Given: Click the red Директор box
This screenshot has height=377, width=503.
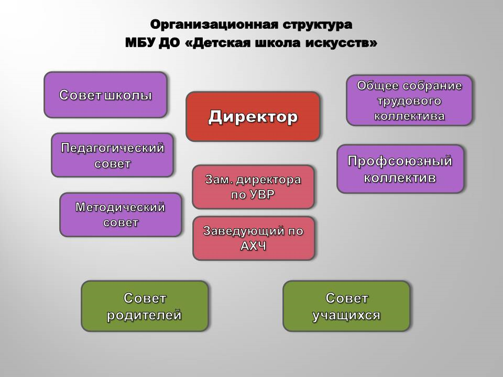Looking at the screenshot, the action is [x=253, y=117].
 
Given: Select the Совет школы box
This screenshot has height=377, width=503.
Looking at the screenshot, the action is [x=105, y=95].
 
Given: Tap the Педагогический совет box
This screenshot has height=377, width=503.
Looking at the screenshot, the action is [x=112, y=155].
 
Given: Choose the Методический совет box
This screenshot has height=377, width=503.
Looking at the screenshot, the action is [x=121, y=215].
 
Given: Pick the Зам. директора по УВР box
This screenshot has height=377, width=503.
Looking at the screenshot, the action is [x=253, y=187].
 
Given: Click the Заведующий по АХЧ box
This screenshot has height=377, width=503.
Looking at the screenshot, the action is [x=254, y=238].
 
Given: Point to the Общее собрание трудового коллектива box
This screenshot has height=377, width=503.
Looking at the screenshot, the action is [x=409, y=101].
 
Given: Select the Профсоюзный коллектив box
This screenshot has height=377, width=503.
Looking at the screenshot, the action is [x=400, y=169].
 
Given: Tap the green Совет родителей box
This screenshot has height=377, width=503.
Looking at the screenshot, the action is [x=145, y=306].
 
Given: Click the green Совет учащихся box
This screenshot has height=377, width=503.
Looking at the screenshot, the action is [x=346, y=306].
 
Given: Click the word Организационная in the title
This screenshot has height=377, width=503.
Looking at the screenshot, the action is [x=214, y=25].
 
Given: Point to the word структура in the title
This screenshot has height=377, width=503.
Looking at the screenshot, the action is [x=318, y=25].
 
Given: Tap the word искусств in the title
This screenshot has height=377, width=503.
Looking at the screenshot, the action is [x=341, y=43].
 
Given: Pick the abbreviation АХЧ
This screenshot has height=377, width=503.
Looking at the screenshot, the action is [x=254, y=246].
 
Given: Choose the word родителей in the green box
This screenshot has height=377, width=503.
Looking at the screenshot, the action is [x=145, y=315].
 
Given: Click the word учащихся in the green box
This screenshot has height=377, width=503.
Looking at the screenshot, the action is [x=346, y=315].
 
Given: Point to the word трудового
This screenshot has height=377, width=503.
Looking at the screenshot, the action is [x=409, y=101].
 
